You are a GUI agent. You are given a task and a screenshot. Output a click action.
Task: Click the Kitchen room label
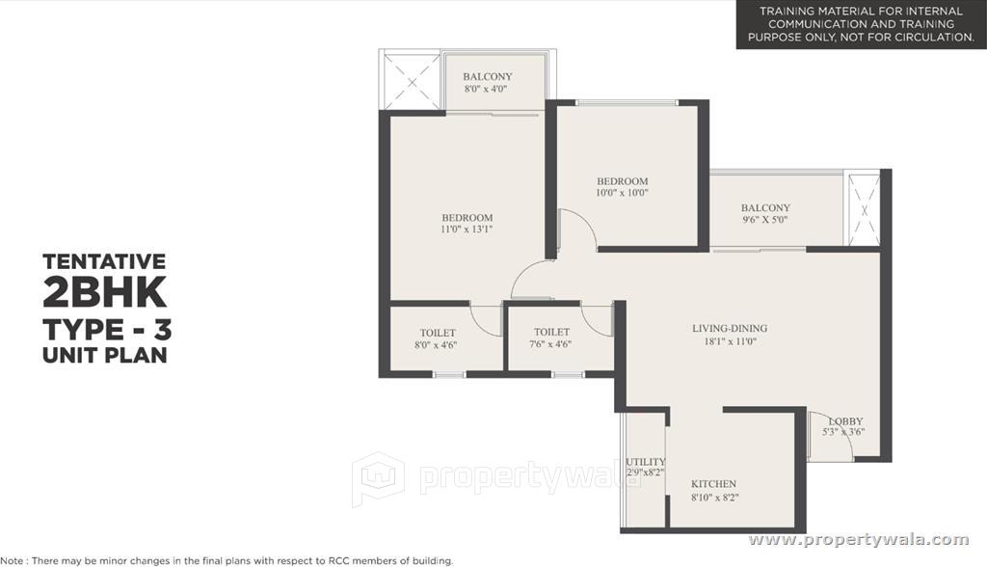713,484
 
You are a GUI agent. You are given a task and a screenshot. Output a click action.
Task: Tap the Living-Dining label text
730,328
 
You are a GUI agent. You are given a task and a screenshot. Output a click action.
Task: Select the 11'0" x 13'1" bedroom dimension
467,229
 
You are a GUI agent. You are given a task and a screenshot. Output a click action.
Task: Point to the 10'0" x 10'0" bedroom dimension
622,193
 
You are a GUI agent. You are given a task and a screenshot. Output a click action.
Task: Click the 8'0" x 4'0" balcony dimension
486,89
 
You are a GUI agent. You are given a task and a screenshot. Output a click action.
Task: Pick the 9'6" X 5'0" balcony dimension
764,220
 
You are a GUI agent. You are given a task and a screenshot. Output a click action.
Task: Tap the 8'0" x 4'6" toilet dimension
436,344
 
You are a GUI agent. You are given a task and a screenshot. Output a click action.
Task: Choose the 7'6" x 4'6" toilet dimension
550,344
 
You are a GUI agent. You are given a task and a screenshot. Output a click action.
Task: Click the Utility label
645,462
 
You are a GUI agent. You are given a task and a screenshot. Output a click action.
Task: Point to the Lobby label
845,420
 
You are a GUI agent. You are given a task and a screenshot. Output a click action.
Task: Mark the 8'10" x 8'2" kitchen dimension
714,497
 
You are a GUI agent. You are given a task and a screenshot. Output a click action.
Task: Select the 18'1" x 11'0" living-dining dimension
731,341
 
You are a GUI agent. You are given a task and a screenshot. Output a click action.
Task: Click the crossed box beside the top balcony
412,82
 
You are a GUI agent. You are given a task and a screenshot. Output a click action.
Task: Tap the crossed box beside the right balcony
865,211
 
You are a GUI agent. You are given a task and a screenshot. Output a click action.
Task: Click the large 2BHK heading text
104,291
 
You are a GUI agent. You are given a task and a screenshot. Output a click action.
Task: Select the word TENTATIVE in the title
104,260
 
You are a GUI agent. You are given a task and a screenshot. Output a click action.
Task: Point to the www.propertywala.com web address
859,540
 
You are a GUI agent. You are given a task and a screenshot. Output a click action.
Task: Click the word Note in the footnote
12,560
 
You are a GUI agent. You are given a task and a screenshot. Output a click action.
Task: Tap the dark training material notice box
861,24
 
